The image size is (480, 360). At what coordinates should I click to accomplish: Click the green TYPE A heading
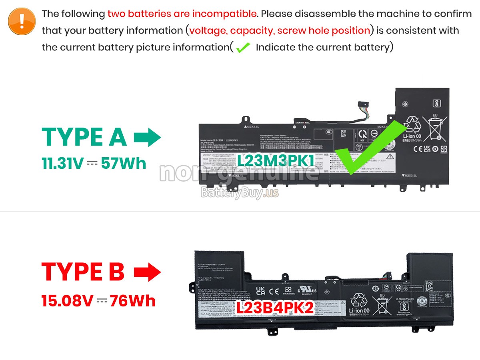pyautogui.click(x=84, y=137)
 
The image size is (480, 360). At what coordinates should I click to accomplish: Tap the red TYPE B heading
pyautogui.click(x=83, y=272)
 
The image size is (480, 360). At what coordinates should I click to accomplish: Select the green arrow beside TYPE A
pyautogui.click(x=147, y=138)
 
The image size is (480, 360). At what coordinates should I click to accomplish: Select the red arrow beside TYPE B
pyautogui.click(x=147, y=272)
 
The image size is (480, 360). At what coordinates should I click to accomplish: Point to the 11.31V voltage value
pyautogui.click(x=63, y=163)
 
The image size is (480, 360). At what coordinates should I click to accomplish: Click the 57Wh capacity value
pyautogui.click(x=124, y=163)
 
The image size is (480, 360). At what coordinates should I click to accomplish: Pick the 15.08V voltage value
pyautogui.click(x=67, y=300)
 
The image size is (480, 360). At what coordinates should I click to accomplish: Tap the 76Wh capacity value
pyautogui.click(x=133, y=300)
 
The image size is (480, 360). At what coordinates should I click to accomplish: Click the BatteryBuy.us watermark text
pyautogui.click(x=239, y=193)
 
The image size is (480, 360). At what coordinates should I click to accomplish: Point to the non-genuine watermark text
pyautogui.click(x=239, y=173)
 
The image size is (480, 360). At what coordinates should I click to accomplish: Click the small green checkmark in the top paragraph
pyautogui.click(x=243, y=48)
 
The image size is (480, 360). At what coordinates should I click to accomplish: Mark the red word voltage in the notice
pyautogui.click(x=208, y=31)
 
